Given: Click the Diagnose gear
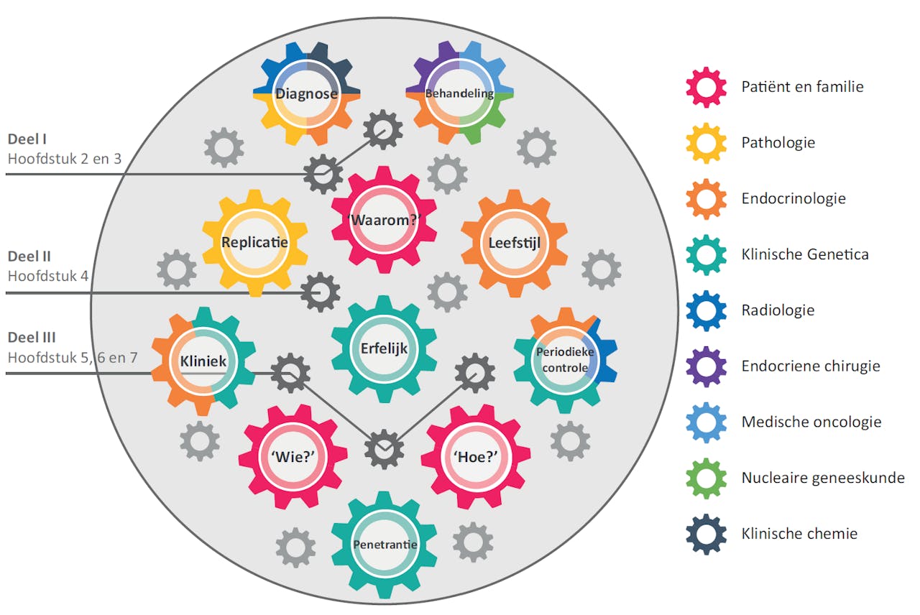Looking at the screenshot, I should pyautogui.click(x=307, y=94).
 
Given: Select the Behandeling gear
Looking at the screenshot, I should pyautogui.click(x=459, y=94).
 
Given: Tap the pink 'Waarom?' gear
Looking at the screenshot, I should pyautogui.click(x=384, y=221).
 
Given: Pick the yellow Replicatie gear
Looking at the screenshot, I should pyautogui.click(x=254, y=243).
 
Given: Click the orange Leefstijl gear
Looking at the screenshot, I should pyautogui.click(x=514, y=243).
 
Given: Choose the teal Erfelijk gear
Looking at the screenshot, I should pyautogui.click(x=384, y=349).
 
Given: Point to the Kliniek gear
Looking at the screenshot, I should pyautogui.click(x=203, y=361).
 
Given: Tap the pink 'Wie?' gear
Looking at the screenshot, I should pyautogui.click(x=293, y=457).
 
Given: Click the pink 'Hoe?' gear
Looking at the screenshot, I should pyautogui.click(x=475, y=457).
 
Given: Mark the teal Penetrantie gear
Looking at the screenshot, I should pyautogui.click(x=385, y=545).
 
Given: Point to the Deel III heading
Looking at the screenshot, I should pyautogui.click(x=32, y=338).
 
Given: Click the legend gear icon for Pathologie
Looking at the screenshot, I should pyautogui.click(x=706, y=142).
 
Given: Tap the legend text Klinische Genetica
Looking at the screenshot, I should pyautogui.click(x=805, y=254).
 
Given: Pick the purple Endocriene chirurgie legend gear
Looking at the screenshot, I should pyautogui.click(x=706, y=366).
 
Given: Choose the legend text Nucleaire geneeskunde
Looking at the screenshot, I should pyautogui.click(x=823, y=478).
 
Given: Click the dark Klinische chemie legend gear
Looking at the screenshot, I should pyautogui.click(x=706, y=534).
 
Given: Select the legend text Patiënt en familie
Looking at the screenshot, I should pyautogui.click(x=802, y=87).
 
